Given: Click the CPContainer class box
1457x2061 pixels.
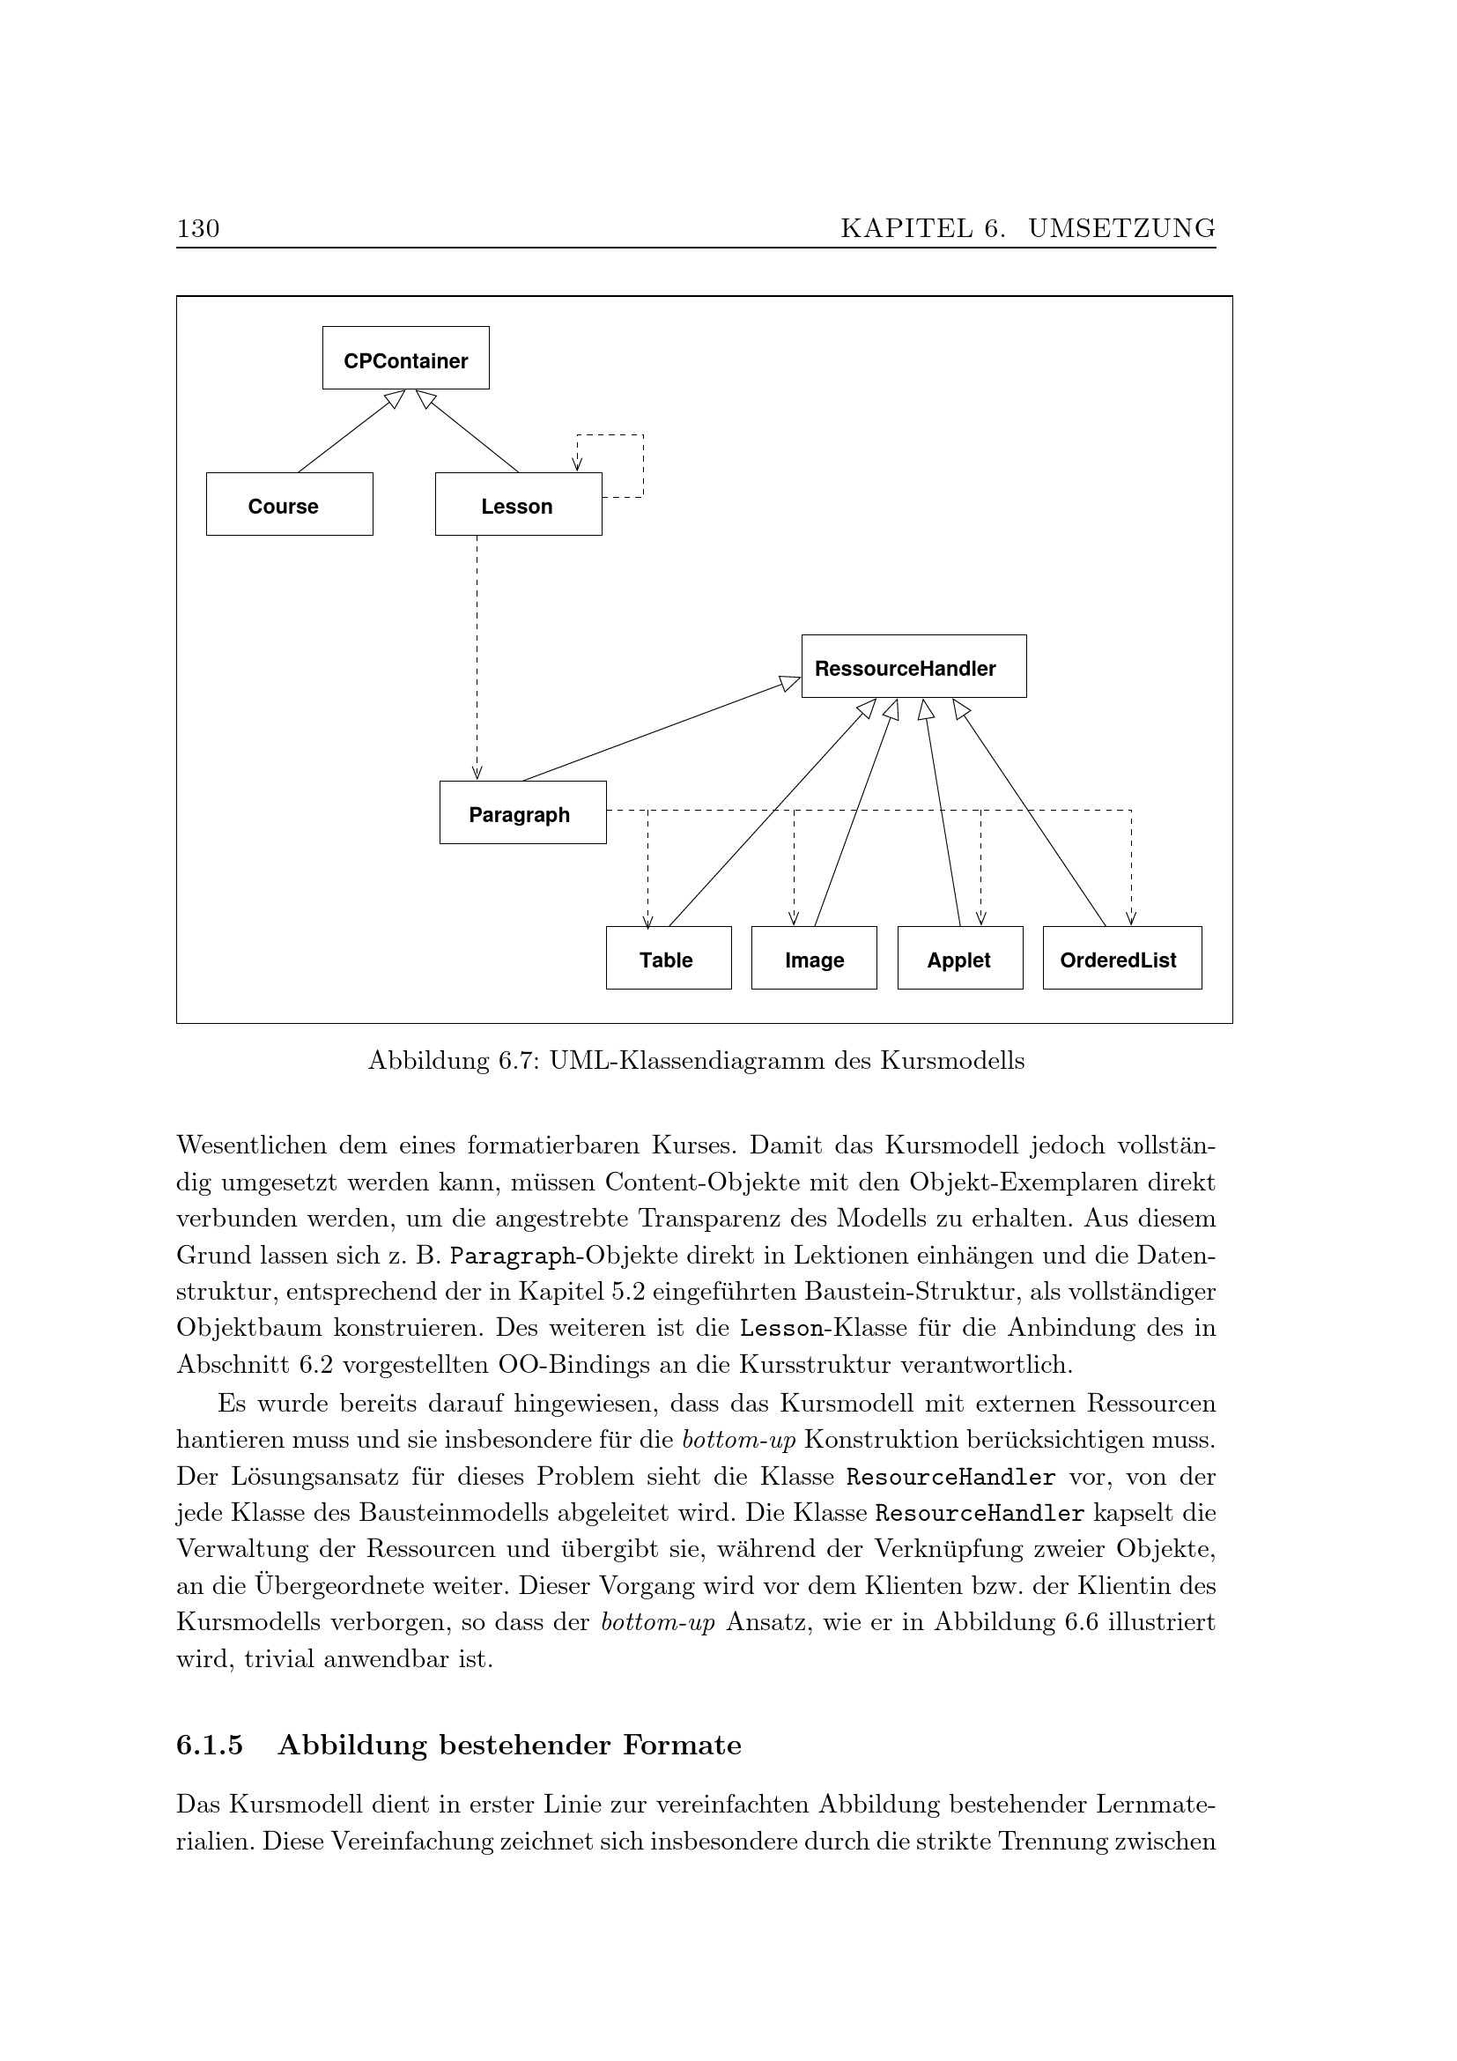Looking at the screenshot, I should [x=405, y=357].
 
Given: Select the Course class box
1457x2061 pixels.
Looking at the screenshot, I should [x=289, y=505].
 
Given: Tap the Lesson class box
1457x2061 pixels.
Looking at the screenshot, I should [x=518, y=505].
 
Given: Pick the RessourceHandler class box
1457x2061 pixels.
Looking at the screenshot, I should [x=913, y=667].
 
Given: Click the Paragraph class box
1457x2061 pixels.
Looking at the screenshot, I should [x=522, y=813].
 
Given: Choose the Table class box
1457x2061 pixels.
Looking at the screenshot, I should [x=669, y=959].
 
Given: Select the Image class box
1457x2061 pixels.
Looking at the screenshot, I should [x=814, y=959].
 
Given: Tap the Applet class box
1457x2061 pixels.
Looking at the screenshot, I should [x=960, y=959].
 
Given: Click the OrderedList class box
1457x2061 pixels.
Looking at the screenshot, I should [x=1121, y=959].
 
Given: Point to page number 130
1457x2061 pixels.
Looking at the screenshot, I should [x=198, y=229].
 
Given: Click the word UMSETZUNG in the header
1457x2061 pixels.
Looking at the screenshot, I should [x=1121, y=229].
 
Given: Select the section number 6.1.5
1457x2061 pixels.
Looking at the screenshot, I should [x=210, y=1745].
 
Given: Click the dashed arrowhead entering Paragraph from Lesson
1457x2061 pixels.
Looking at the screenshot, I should [x=477, y=773].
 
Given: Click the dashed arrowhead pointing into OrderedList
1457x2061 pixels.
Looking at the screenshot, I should [x=1131, y=917].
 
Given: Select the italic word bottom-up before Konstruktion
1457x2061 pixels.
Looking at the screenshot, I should [x=738, y=1440].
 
